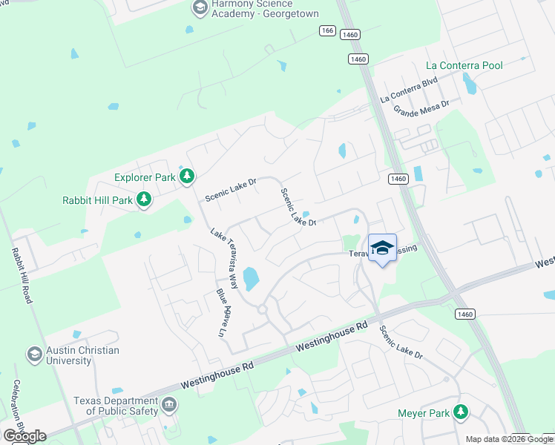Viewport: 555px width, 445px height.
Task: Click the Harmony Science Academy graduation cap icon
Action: point(200,8)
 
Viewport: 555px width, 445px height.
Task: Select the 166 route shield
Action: point(327,30)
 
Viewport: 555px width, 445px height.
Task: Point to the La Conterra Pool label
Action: point(464,65)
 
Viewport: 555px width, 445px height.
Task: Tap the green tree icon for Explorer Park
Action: point(188,177)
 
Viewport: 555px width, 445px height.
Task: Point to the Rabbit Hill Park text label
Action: point(98,200)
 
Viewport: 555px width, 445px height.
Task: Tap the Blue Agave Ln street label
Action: point(220,312)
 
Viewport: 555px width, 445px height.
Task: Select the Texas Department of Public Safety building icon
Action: point(170,405)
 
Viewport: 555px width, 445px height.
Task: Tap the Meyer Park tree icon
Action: point(462,411)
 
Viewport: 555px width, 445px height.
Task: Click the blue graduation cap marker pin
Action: point(382,248)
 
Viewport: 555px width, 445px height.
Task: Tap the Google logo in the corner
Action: point(24,436)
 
